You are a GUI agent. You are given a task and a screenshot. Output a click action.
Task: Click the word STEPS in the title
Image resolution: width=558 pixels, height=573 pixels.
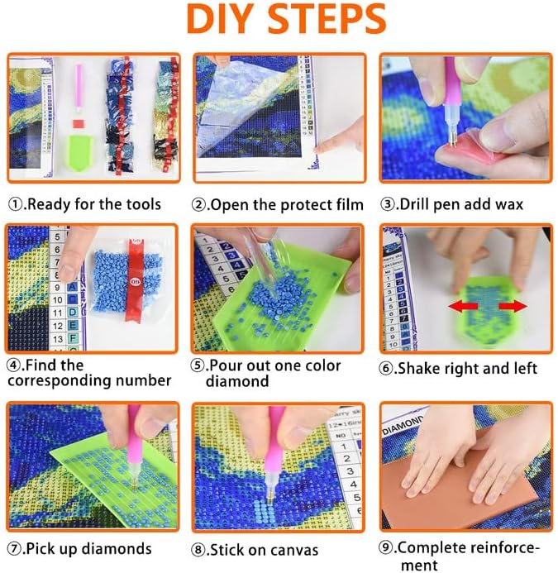click(328, 19)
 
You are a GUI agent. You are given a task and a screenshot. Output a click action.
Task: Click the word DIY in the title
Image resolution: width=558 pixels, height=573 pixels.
click(219, 19)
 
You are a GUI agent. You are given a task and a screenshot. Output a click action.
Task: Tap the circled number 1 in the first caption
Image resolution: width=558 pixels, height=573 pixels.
click(15, 204)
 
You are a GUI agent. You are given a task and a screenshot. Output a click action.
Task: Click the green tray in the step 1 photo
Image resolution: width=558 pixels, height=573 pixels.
click(79, 152)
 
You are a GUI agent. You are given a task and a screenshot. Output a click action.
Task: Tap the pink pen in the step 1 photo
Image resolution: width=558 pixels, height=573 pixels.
click(79, 88)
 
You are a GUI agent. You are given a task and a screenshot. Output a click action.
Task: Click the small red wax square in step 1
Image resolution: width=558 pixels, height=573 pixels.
click(79, 123)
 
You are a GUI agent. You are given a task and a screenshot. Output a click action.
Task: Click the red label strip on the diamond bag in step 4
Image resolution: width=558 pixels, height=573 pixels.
click(136, 280)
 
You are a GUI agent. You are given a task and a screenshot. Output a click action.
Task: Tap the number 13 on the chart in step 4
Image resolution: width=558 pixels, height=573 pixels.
click(58, 339)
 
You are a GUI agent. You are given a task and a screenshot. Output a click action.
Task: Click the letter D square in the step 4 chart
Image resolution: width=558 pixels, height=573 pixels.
click(73, 313)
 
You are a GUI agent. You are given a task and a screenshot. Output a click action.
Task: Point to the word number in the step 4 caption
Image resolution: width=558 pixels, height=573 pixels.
click(143, 380)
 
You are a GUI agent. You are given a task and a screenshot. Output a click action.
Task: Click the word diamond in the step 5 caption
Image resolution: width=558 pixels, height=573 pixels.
click(237, 381)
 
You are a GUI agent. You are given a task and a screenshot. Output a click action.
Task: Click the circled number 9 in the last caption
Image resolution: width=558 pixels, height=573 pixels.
click(386, 548)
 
